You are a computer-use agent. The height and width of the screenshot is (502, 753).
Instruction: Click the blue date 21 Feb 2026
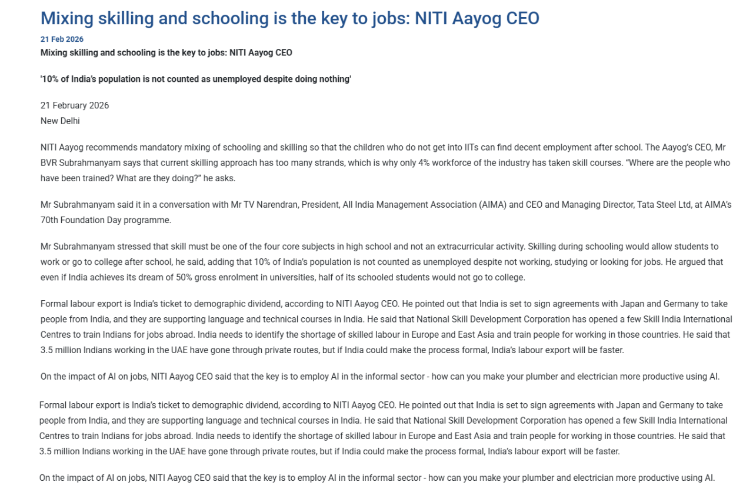(62, 39)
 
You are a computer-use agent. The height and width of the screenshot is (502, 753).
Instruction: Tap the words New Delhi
(60, 121)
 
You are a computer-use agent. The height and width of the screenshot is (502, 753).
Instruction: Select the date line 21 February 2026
(75, 106)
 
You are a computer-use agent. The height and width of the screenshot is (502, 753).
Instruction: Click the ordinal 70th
(49, 220)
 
